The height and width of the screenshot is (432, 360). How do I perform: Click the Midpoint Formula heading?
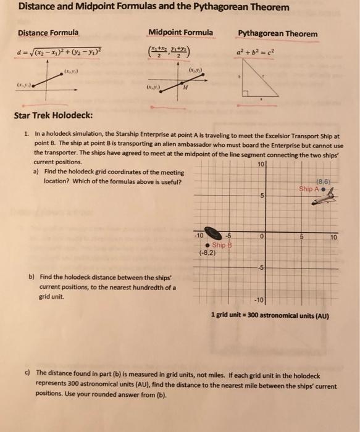point(181,32)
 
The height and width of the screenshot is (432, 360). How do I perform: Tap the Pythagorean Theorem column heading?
point(278,33)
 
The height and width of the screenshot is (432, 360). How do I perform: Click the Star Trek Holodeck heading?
point(55,115)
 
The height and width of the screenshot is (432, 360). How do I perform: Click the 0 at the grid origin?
point(262,236)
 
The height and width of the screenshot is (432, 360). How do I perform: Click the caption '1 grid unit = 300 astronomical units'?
point(269,317)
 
